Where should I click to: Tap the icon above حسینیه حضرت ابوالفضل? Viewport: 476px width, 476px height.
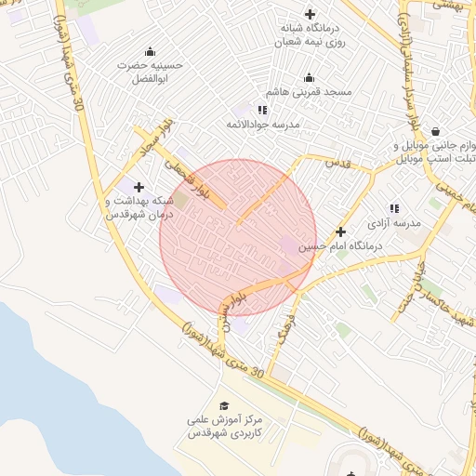(150, 51)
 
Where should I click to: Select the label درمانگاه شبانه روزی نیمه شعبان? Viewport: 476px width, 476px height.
(310, 35)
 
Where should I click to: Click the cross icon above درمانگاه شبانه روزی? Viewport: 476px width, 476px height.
(310, 14)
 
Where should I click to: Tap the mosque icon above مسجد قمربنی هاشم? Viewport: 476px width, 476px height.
(310, 77)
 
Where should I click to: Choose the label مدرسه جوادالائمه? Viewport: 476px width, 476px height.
(262, 124)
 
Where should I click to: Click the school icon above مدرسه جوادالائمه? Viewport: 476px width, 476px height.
(262, 109)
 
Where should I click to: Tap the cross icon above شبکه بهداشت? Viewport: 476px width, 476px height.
(139, 187)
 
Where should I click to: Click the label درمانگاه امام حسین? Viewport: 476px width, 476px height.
(340, 248)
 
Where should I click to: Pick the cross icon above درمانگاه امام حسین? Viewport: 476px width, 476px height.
(340, 231)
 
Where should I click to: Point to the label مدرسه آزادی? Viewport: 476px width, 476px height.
(395, 224)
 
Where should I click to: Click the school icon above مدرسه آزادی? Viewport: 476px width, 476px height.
(395, 208)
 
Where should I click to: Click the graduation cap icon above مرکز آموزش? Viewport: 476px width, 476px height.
(223, 406)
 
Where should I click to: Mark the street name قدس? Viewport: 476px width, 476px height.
(337, 163)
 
